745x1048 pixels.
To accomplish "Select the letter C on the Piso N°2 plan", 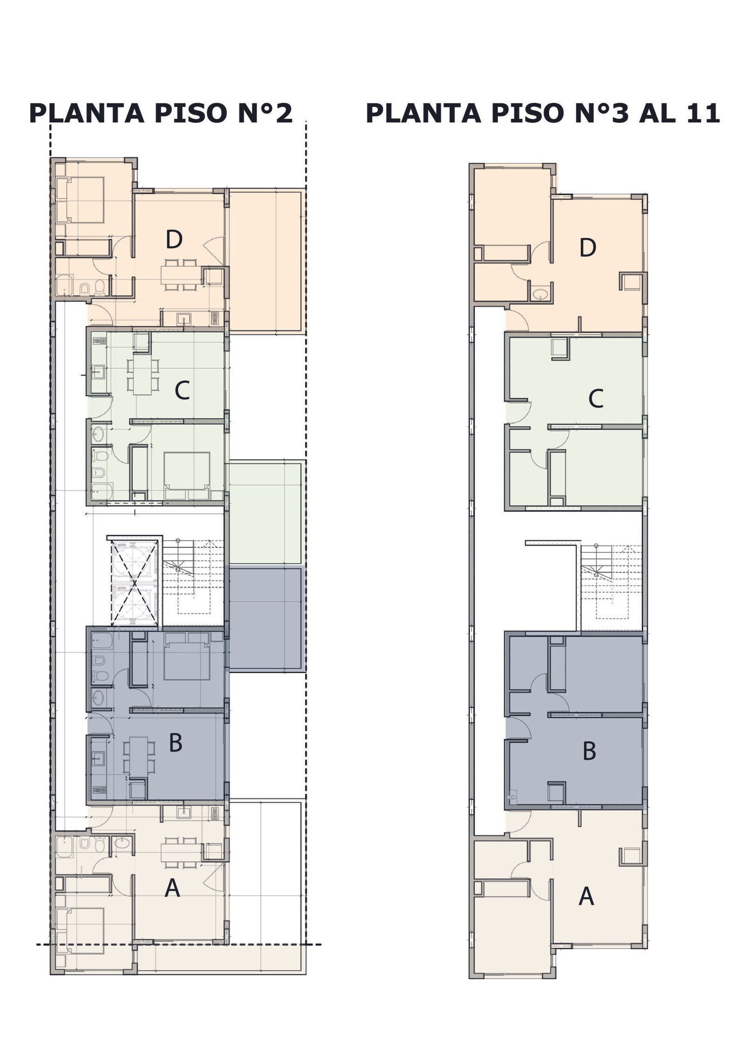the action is point(182,391).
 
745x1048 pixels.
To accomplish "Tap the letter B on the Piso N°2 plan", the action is point(176,743).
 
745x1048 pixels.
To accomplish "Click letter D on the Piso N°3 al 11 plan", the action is point(588,248).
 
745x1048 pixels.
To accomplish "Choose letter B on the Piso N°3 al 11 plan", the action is point(589,751).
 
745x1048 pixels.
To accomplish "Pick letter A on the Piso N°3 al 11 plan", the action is point(586,896).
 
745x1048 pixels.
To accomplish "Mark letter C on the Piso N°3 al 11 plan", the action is point(596,399).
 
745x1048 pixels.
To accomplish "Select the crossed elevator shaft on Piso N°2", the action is point(135,582).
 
